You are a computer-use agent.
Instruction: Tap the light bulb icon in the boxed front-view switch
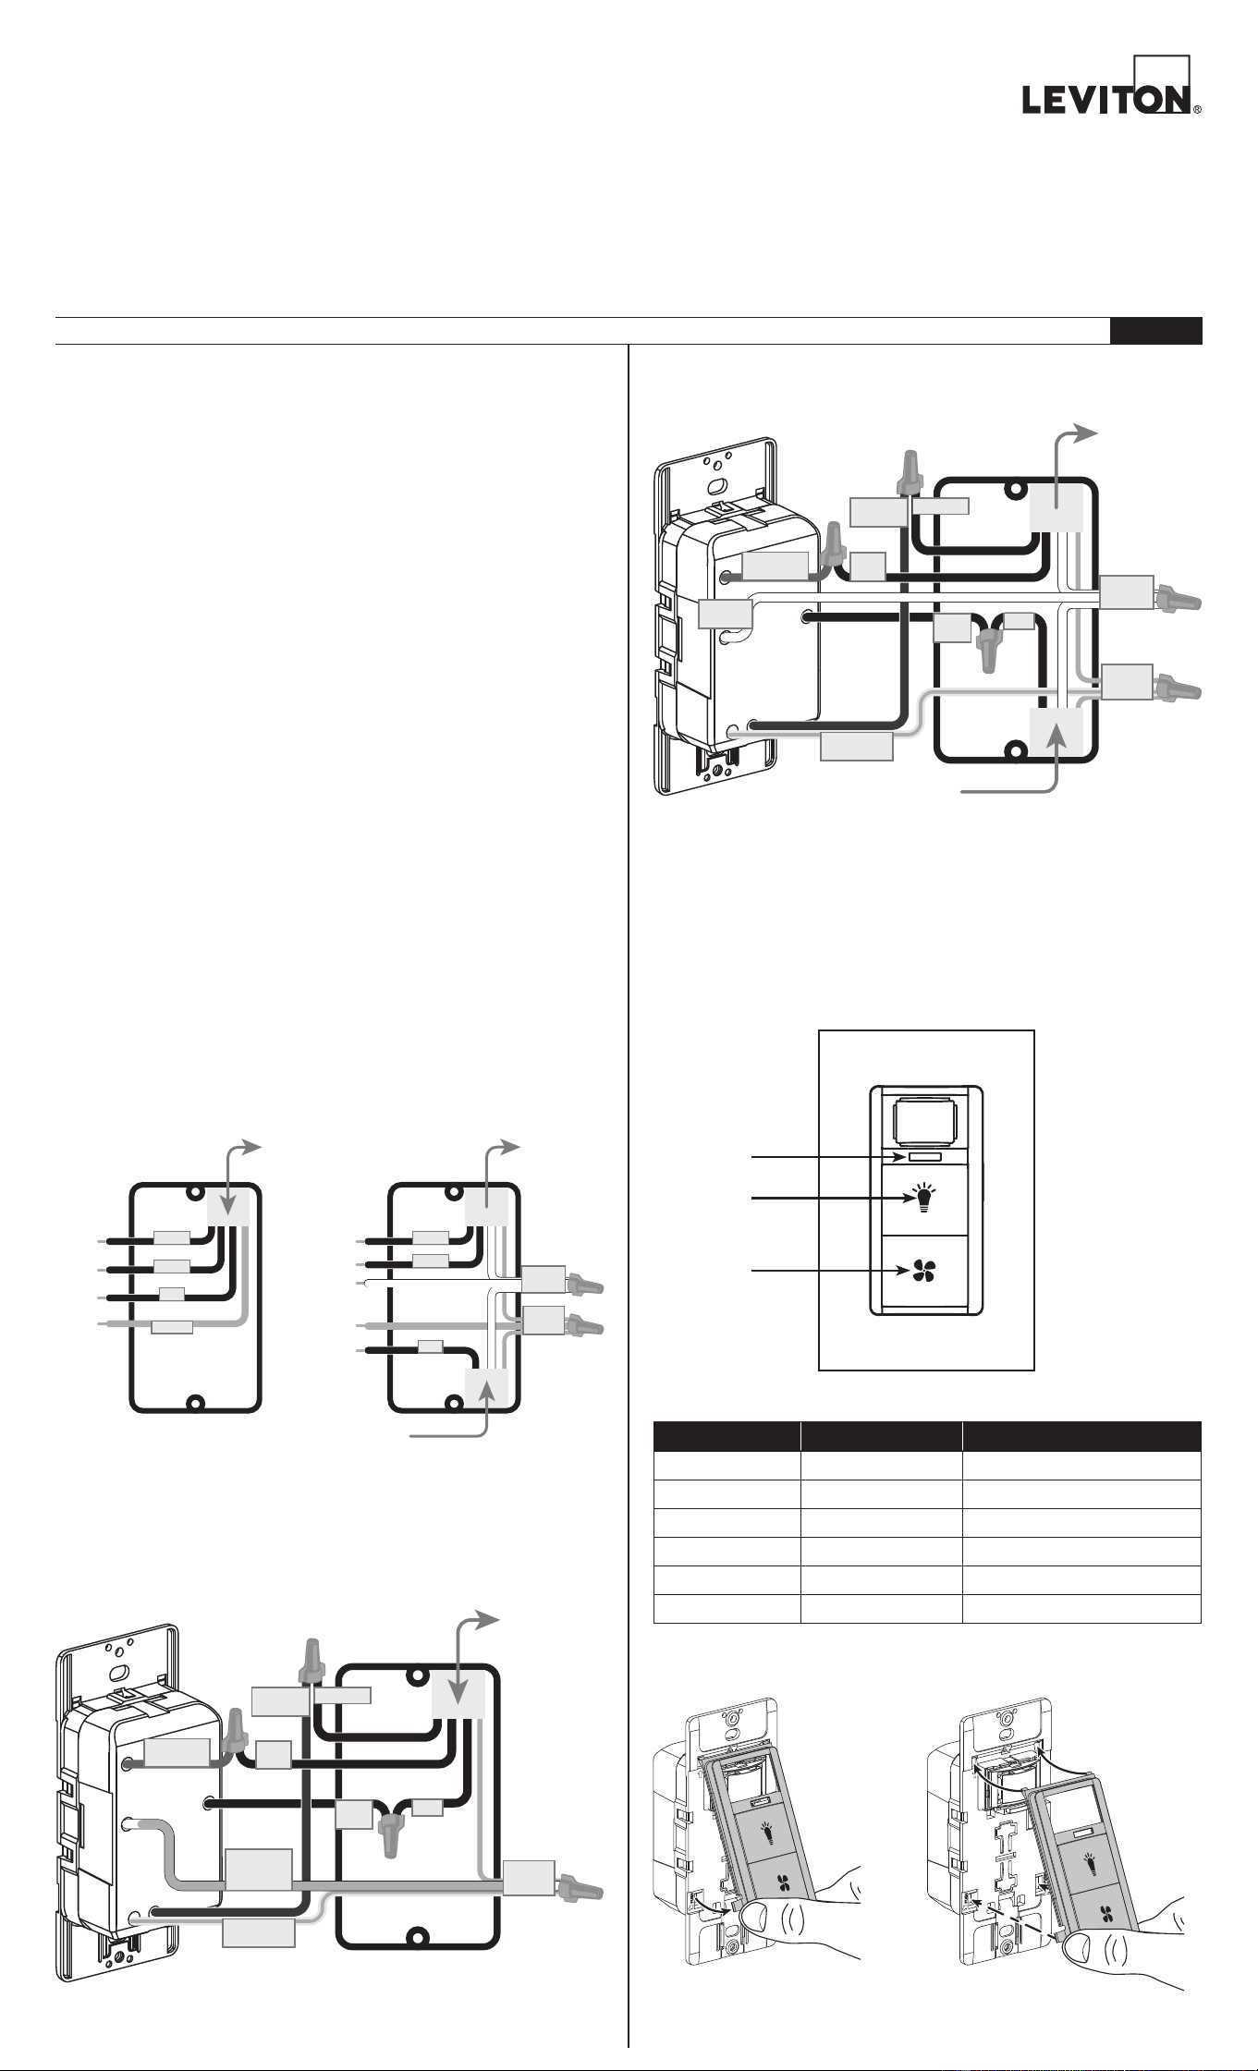coord(923,1199)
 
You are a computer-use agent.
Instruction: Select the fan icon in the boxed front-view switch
coord(923,1273)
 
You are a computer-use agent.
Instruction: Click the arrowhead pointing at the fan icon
coord(905,1272)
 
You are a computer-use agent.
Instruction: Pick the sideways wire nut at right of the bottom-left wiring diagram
coord(579,1885)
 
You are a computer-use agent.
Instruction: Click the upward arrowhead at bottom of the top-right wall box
coord(1056,735)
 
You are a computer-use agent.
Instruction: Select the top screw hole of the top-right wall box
coord(1016,490)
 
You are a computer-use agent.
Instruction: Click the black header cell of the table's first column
coord(727,1436)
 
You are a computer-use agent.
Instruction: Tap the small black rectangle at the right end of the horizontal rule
coord(1156,331)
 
